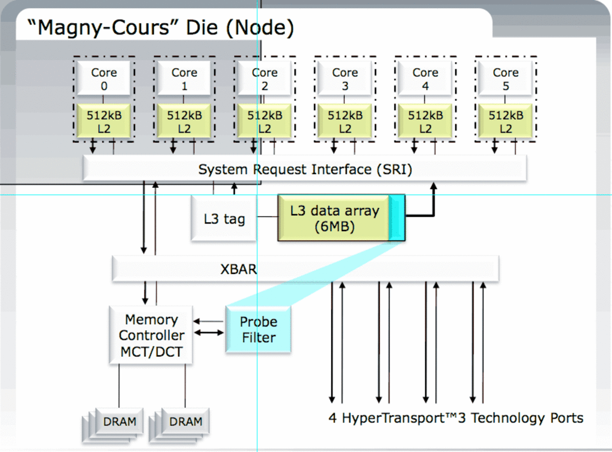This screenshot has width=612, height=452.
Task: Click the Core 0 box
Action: click(103, 78)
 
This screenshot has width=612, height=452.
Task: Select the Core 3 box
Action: click(345, 78)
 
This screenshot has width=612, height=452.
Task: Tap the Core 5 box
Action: click(505, 78)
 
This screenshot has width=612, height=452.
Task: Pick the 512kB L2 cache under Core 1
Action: click(184, 121)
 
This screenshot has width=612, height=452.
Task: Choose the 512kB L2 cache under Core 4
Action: click(425, 121)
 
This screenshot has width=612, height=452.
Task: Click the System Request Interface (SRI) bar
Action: click(305, 168)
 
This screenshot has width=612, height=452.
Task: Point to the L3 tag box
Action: click(224, 219)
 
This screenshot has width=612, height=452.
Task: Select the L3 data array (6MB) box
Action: click(341, 218)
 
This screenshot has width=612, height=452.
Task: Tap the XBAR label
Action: click(239, 269)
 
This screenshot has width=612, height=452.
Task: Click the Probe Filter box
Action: click(258, 330)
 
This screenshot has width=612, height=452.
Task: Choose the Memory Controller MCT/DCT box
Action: click(151, 335)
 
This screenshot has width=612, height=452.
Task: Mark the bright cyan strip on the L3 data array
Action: click(397, 218)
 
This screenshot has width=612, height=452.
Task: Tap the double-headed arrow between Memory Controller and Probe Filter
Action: click(208, 333)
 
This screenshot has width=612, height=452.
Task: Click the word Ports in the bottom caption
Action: click(567, 418)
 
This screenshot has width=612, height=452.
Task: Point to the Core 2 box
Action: click(264, 78)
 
